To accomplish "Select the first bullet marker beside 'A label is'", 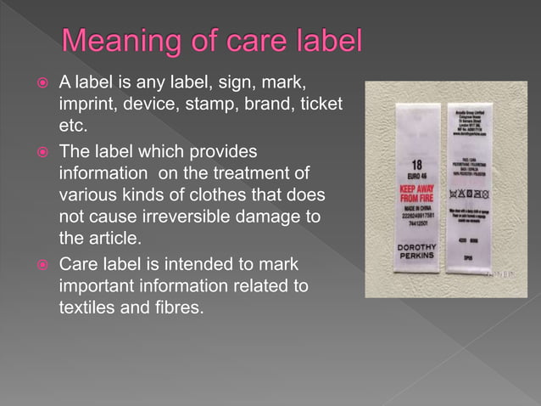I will pyautogui.click(x=41, y=84).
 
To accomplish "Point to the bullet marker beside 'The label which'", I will pyautogui.click(x=41, y=151).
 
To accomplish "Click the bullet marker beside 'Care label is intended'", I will pyautogui.click(x=41, y=262).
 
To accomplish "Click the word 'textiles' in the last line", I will pyautogui.click(x=89, y=307).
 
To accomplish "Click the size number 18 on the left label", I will pyautogui.click(x=416, y=164).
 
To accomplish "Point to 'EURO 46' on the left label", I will pyautogui.click(x=416, y=175).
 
